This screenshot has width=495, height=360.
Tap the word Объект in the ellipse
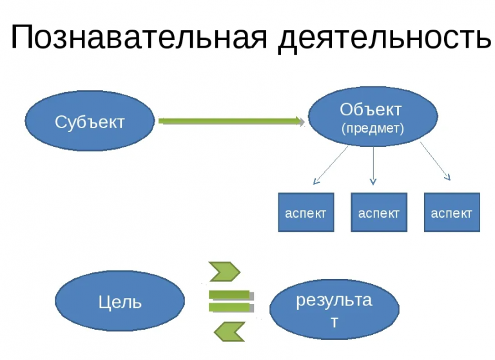[371, 109]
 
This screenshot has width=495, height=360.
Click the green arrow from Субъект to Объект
[229, 120]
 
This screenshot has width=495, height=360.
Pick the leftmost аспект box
[306, 213]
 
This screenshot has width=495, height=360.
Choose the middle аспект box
[378, 213]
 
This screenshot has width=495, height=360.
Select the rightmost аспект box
[451, 213]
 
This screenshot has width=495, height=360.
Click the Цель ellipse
[120, 301]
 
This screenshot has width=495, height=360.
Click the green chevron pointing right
[225, 272]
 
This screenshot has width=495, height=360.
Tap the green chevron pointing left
[229, 331]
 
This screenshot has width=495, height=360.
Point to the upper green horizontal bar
[230, 295]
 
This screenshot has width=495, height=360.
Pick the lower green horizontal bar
[230, 307]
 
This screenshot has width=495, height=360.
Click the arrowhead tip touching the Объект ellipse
[303, 120]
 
